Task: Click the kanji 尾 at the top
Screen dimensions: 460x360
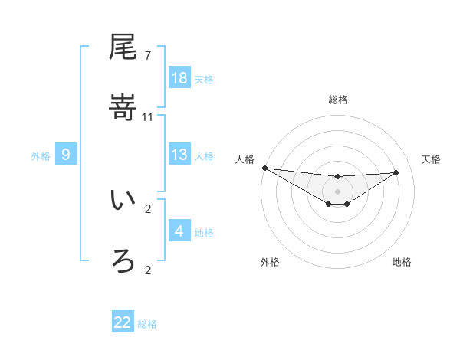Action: point(123,48)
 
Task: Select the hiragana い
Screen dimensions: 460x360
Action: point(123,201)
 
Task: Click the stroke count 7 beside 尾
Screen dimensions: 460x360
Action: point(147,56)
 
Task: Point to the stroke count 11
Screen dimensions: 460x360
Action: point(148,116)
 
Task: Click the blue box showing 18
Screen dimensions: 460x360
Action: point(179,78)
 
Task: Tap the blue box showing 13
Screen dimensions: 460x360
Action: point(179,155)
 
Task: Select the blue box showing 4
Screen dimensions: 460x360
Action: point(179,231)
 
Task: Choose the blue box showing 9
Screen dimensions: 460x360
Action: point(66,155)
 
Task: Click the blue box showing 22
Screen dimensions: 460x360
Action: point(123,322)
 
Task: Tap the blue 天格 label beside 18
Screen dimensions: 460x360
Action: point(204,79)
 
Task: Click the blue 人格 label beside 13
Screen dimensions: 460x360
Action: point(204,155)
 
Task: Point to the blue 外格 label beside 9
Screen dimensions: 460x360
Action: point(41,156)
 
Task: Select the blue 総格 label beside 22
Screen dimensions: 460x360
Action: point(147,324)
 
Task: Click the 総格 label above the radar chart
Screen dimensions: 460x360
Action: point(337,100)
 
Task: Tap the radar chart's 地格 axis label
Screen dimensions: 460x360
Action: point(402,262)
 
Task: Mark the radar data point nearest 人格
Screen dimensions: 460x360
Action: point(264,168)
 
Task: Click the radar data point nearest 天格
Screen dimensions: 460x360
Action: point(396,172)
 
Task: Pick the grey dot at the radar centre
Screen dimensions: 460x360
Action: point(337,191)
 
